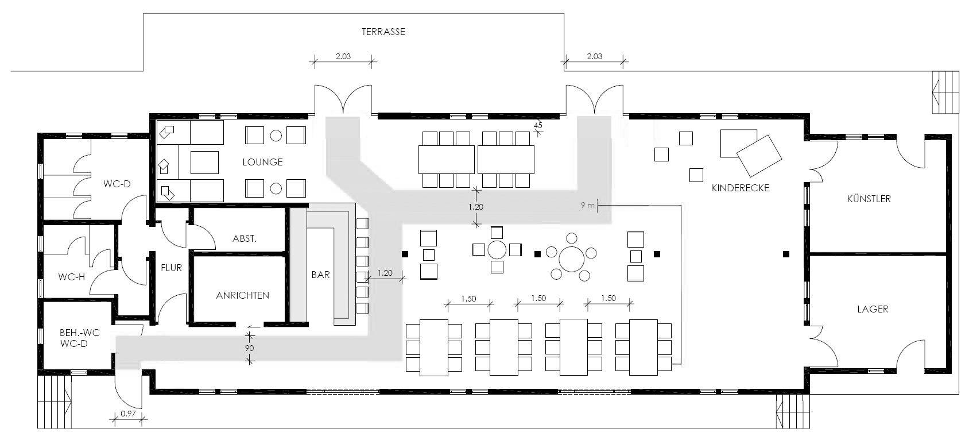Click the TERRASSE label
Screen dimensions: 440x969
pos(383,32)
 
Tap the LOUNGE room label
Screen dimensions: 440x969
pos(262,162)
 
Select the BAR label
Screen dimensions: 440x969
pos(320,275)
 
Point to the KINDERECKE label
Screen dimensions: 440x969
pos(740,188)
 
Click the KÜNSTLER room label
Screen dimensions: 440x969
pos(869,199)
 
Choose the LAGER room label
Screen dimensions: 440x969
pos(872,309)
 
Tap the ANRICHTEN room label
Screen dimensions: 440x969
pos(242,295)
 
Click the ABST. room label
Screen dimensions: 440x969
pos(244,238)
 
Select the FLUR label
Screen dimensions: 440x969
pos(171,268)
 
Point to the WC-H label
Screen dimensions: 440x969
pos(71,277)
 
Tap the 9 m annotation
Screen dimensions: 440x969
pos(587,205)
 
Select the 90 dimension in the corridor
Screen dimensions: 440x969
pos(250,348)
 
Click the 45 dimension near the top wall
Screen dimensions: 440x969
pos(538,125)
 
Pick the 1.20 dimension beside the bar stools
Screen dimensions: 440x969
pos(385,273)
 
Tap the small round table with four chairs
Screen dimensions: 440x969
pos(497,250)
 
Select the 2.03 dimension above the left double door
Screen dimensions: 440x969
pos(343,56)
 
